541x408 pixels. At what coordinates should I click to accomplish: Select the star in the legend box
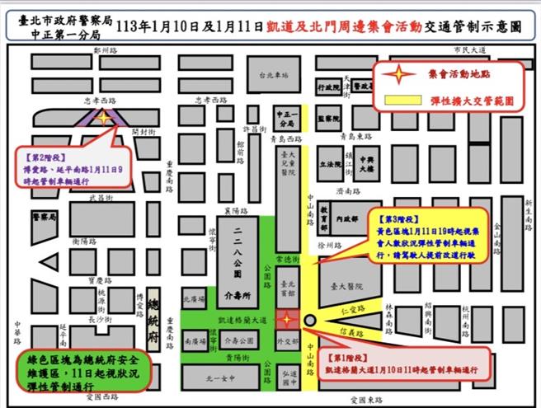[401, 74]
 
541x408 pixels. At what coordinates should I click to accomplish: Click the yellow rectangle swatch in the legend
[402, 101]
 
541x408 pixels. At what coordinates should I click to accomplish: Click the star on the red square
[285, 318]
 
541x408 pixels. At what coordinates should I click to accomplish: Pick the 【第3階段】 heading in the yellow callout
[402, 221]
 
